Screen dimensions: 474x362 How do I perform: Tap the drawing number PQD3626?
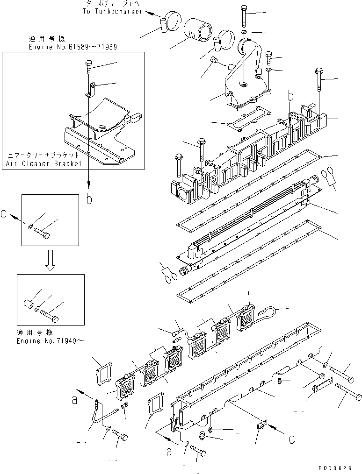(x=342, y=467)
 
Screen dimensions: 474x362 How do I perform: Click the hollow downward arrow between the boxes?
(x=51, y=261)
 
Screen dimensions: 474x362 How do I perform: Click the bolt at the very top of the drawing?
(x=244, y=15)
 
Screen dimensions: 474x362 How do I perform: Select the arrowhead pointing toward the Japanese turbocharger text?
(x=155, y=14)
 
